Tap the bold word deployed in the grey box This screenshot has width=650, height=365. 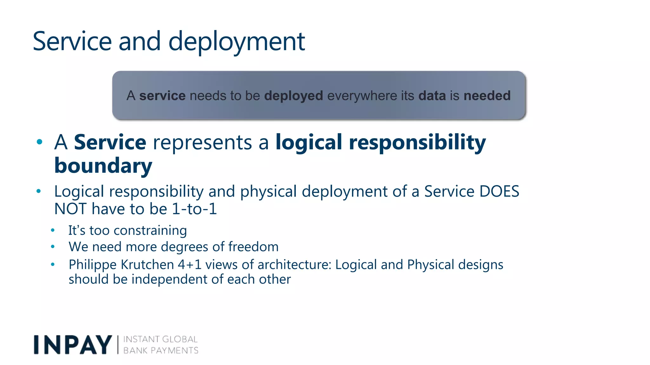(294, 96)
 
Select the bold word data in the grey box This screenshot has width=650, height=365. (432, 96)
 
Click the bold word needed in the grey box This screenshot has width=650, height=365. (487, 96)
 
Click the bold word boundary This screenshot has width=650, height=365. (103, 166)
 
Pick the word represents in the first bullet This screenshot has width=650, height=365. (202, 142)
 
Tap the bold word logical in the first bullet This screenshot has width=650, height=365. (309, 142)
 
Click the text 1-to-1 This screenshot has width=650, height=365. (194, 209)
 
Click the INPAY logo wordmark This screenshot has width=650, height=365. (73, 345)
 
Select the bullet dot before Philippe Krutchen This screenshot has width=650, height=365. (53, 264)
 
